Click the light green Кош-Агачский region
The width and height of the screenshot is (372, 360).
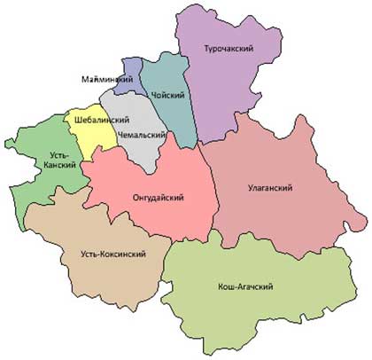click(257, 310)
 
